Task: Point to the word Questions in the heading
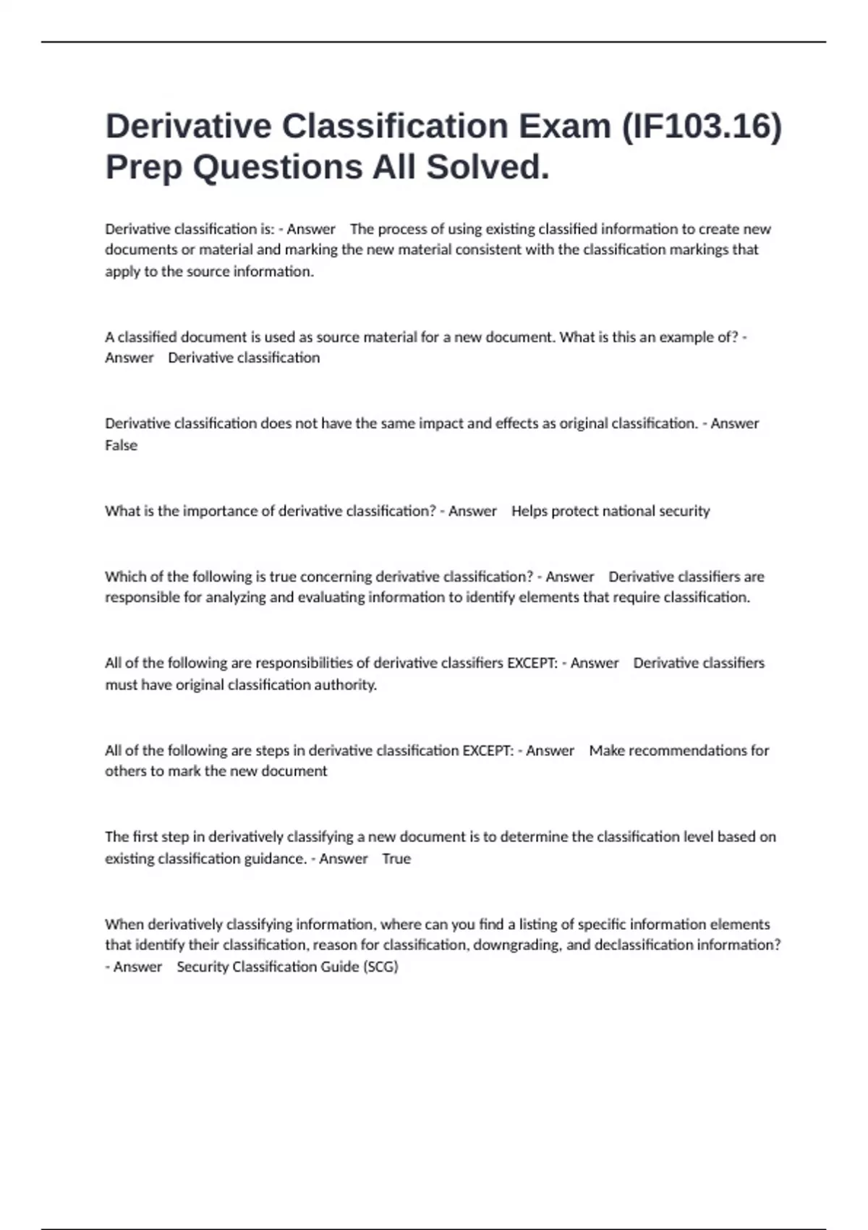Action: click(278, 167)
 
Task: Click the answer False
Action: click(121, 446)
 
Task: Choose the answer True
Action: click(396, 859)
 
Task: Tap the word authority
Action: click(345, 685)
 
